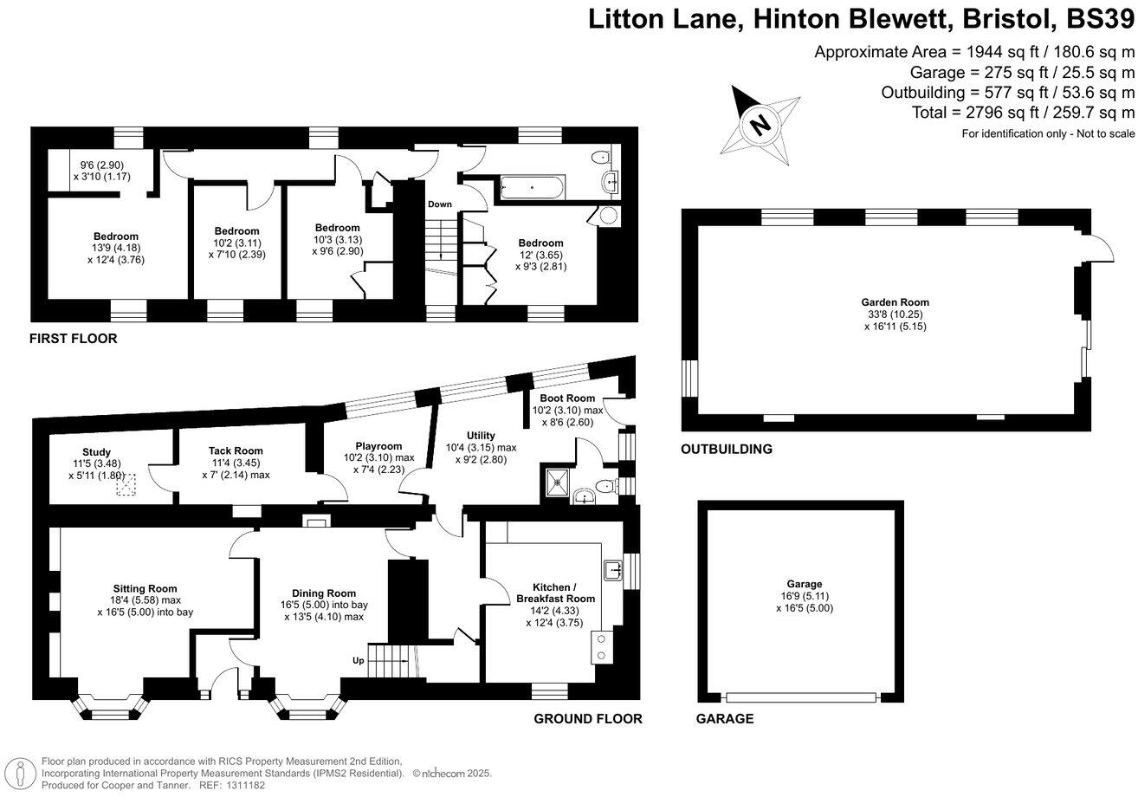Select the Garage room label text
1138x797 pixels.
pyautogui.click(x=805, y=584)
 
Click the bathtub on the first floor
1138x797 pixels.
pyautogui.click(x=531, y=186)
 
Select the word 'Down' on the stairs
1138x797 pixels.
pyautogui.click(x=439, y=204)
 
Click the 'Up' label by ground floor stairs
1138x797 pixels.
pyautogui.click(x=357, y=660)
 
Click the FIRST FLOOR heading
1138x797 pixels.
pyautogui.click(x=74, y=339)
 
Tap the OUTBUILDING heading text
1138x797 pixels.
pyautogui.click(x=726, y=449)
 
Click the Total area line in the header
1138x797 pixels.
pyautogui.click(x=1023, y=113)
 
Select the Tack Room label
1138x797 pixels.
pyautogui.click(x=235, y=450)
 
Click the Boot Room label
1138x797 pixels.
pyautogui.click(x=568, y=398)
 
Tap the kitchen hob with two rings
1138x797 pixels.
pyautogui.click(x=600, y=647)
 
